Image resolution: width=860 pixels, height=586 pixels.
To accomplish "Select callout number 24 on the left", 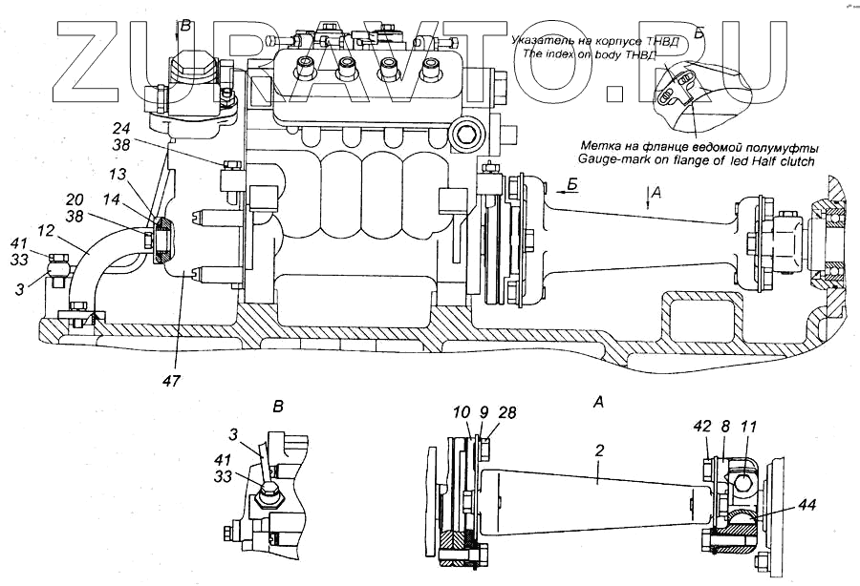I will point(120,129).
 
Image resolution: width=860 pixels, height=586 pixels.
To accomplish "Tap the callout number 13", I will point(116,175).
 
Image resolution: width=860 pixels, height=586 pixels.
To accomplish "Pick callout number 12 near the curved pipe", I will point(46,232).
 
